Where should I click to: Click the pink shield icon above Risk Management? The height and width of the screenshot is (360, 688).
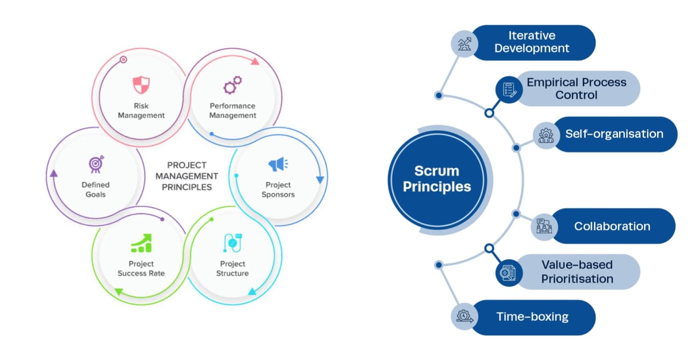(x=141, y=86)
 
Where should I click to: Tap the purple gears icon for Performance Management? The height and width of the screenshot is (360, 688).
(x=232, y=86)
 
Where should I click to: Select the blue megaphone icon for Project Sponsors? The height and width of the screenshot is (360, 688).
(x=278, y=165)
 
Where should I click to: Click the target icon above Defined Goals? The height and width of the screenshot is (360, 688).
(x=96, y=164)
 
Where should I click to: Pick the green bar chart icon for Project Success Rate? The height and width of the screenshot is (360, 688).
(x=141, y=243)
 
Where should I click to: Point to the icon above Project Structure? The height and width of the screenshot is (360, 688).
(x=232, y=243)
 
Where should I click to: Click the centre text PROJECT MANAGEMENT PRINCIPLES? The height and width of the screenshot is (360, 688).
(x=187, y=176)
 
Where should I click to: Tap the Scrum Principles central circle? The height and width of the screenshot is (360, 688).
(x=437, y=179)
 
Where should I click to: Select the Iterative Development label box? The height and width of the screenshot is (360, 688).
(x=532, y=42)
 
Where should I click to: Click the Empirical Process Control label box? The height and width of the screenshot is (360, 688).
(x=576, y=89)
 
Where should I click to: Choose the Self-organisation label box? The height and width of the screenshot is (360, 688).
(x=614, y=134)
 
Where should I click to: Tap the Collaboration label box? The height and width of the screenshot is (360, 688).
(x=612, y=226)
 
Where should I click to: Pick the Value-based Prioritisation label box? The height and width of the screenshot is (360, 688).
(x=576, y=272)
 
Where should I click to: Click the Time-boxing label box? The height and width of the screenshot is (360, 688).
(x=532, y=317)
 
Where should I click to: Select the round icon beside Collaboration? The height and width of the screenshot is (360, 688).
(x=545, y=226)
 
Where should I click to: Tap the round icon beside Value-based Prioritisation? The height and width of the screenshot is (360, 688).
(x=509, y=272)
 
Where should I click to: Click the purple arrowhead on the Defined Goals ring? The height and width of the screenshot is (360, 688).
(x=53, y=173)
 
